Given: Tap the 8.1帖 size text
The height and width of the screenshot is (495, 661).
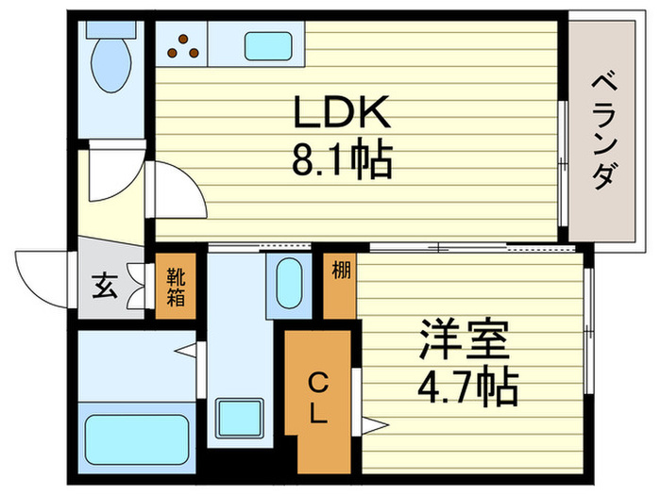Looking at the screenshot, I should (x=342, y=163).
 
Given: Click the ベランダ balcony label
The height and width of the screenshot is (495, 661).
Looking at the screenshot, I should (x=609, y=133).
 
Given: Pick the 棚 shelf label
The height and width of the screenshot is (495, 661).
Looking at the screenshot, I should (x=340, y=271).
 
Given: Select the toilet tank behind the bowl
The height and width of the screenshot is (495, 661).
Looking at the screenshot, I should (x=110, y=28).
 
